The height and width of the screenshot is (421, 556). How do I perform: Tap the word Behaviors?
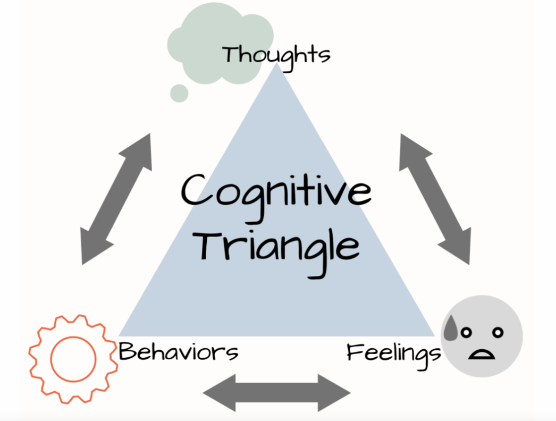click(x=178, y=352)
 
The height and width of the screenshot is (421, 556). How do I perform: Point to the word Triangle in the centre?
click(x=275, y=246)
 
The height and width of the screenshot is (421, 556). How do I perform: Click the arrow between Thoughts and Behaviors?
click(x=116, y=199)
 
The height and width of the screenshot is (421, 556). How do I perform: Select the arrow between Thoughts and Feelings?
click(x=435, y=199)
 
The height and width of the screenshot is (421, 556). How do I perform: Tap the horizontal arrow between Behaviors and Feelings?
click(x=276, y=393)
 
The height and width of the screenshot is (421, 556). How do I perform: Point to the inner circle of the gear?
click(x=73, y=358)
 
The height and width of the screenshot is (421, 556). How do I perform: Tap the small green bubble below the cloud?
click(x=179, y=94)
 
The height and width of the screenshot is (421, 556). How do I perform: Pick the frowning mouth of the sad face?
click(x=482, y=352)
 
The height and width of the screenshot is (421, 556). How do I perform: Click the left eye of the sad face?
click(x=466, y=333)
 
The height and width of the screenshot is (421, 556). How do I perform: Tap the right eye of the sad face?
click(x=498, y=332)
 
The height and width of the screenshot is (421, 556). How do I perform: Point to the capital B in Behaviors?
click(x=127, y=352)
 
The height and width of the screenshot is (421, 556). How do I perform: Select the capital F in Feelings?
click(x=355, y=352)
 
